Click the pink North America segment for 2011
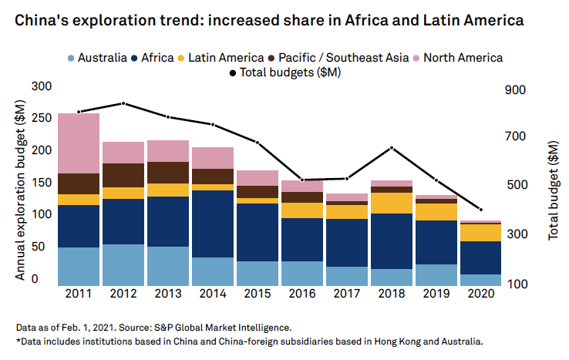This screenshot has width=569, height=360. (78, 143)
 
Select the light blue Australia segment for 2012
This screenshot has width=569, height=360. (123, 264)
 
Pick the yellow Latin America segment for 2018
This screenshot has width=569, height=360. (391, 203)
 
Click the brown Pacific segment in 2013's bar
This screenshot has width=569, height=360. (167, 172)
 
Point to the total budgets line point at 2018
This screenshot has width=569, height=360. (392, 147)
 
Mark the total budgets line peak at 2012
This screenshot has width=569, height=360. (123, 103)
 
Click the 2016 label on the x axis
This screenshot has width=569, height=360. (301, 294)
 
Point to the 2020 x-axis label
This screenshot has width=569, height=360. (480, 294)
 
